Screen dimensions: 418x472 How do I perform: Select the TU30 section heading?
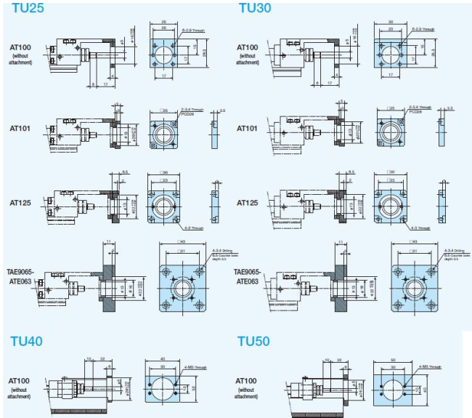pos(254,9)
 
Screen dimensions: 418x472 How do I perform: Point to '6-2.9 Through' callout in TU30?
pos(423,31)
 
